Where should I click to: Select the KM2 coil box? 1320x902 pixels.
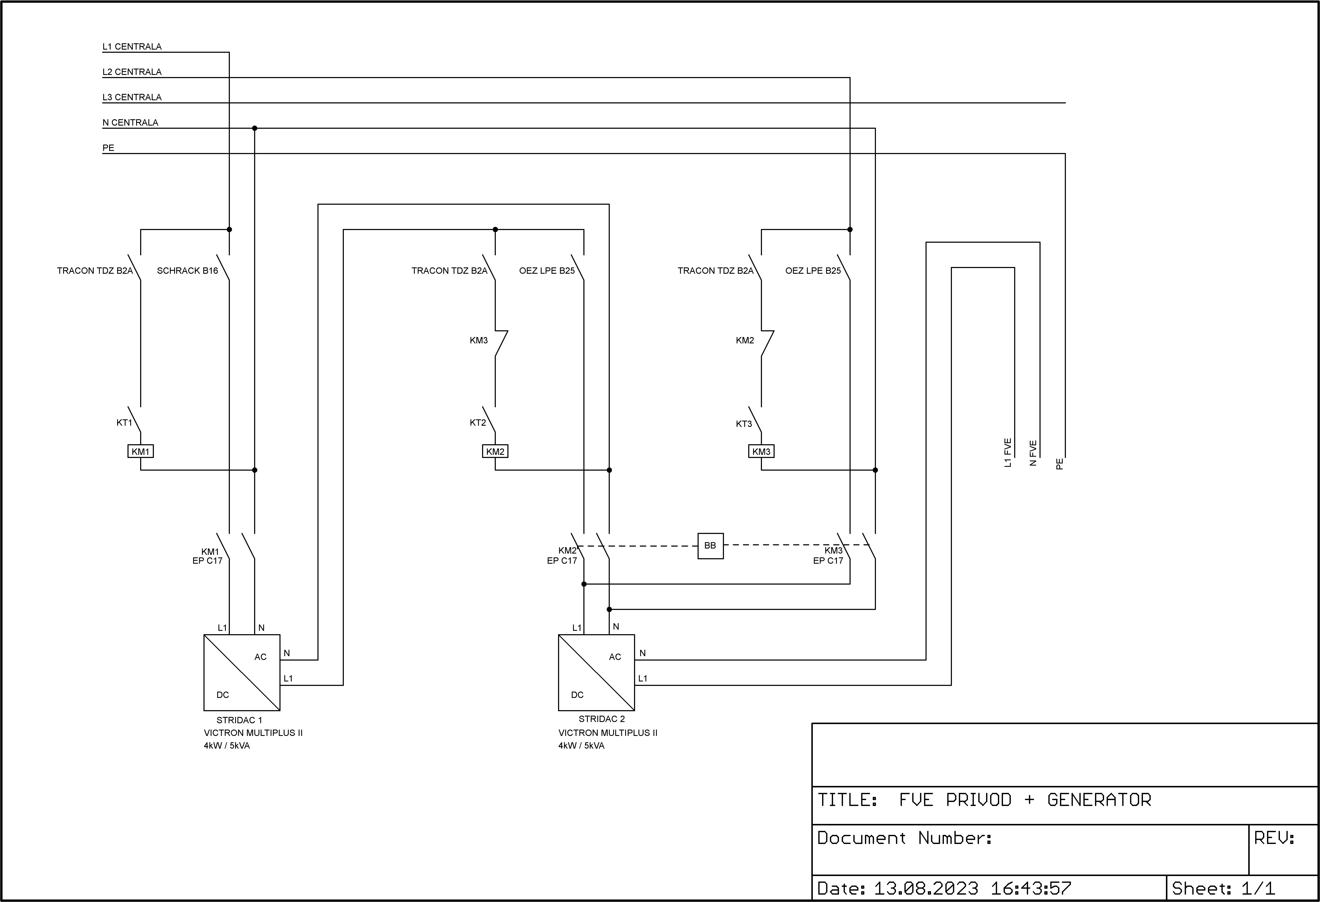pos(495,452)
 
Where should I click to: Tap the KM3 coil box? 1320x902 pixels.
pos(761,452)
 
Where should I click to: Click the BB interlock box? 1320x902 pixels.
pos(711,546)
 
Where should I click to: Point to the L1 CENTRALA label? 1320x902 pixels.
pos(132,47)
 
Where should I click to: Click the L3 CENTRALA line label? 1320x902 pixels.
pos(132,97)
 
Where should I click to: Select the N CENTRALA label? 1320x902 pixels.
pos(130,123)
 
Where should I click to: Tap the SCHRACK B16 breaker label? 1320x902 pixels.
pos(187,271)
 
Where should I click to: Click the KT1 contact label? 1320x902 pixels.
pos(124,423)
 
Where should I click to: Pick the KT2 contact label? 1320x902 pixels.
pos(478,423)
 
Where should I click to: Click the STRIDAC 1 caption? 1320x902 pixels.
pos(239,720)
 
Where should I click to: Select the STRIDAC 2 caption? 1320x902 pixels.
pos(602,719)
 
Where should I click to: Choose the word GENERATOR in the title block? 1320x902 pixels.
pos(1099,800)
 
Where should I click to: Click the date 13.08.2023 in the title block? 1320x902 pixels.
pos(926,888)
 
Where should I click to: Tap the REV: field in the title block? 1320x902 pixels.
pos(1275,838)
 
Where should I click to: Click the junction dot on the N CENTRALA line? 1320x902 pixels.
pos(255,128)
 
